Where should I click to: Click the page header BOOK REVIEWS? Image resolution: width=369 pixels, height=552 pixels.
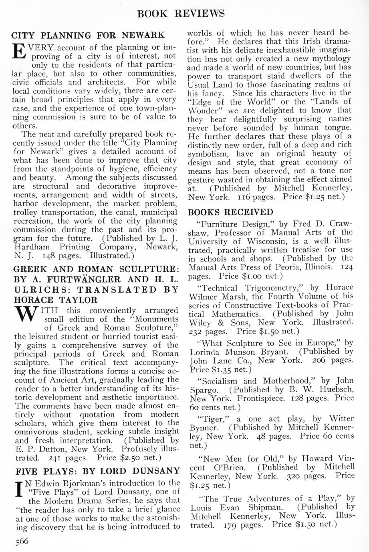click(x=181, y=13)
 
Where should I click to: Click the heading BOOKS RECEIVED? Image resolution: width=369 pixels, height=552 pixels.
click(x=230, y=212)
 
